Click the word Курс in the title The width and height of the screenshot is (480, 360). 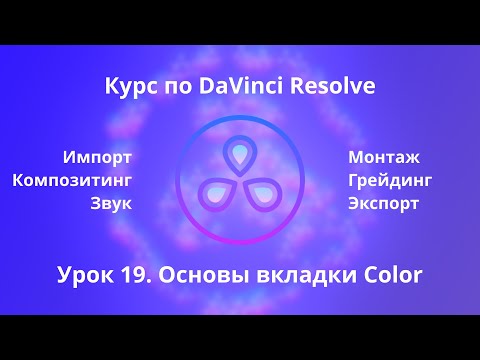pos(128,87)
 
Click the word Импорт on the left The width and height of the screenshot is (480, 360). pos(97,157)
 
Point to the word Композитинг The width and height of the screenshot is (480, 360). pos(72,180)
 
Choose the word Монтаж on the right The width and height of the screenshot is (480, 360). pos(384,157)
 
